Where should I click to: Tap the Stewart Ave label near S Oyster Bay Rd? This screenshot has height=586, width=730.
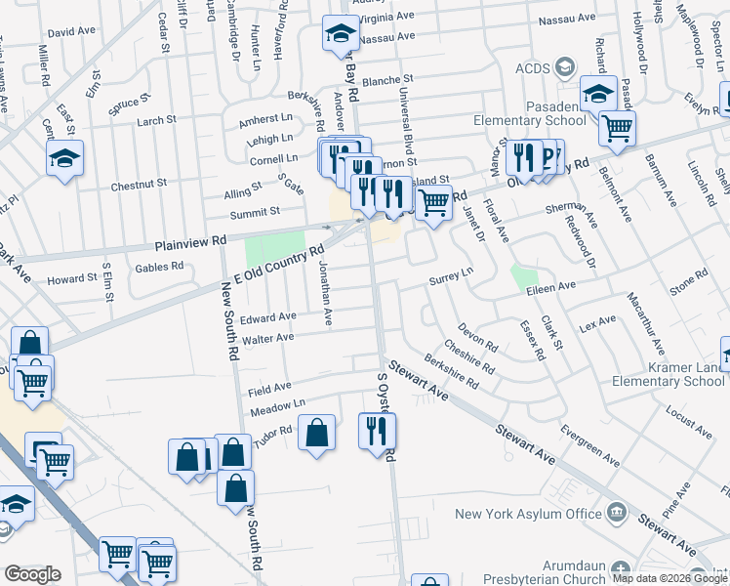[x=417, y=382]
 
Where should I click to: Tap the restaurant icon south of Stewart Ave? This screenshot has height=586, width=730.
[x=377, y=431]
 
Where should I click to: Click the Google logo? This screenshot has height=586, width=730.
[x=32, y=573]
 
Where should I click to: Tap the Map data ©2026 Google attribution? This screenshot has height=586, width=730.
[x=669, y=578]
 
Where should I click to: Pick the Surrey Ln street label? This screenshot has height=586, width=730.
[x=450, y=280]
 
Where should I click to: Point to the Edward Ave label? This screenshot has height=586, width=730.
[x=268, y=317]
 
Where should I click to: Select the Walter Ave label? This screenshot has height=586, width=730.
[x=268, y=338]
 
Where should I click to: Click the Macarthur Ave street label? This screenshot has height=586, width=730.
[x=645, y=322]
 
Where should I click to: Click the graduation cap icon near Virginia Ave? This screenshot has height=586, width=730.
[x=341, y=33]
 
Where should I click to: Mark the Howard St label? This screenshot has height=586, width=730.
[x=72, y=279]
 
